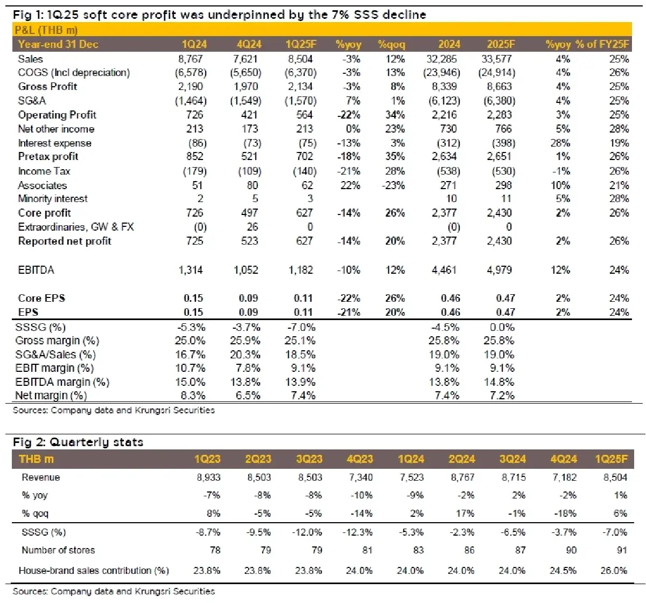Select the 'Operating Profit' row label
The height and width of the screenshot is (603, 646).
pyautogui.click(x=57, y=115)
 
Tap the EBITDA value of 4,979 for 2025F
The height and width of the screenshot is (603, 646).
pyautogui.click(x=500, y=270)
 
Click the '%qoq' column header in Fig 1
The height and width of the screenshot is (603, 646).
pyautogui.click(x=391, y=44)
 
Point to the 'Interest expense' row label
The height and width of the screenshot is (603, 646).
pyautogui.click(x=54, y=143)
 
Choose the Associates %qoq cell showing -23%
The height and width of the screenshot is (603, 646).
pyautogui.click(x=394, y=185)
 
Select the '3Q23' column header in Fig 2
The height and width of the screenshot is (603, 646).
pyautogui.click(x=309, y=459)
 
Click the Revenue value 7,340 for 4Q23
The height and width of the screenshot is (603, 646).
pyautogui.click(x=360, y=477)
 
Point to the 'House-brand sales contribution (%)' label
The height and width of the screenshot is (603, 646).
pyautogui.click(x=94, y=570)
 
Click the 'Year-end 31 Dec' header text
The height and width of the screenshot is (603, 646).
pyautogui.click(x=58, y=44)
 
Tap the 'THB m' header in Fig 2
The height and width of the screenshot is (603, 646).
pyautogui.click(x=36, y=459)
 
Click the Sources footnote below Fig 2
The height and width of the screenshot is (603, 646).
pyautogui.click(x=114, y=591)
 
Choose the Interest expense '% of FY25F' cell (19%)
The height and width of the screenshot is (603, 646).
pyautogui.click(x=619, y=143)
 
